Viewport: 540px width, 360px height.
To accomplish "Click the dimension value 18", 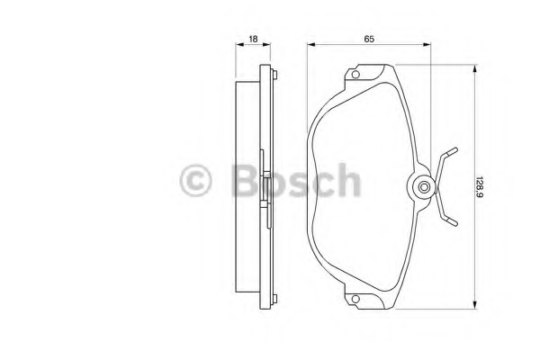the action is pos(253,39).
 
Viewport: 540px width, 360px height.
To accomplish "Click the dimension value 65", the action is pos(369,39).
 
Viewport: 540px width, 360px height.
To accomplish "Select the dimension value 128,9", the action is pos(479,187).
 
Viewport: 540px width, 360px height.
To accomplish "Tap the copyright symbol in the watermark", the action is pos(195,181).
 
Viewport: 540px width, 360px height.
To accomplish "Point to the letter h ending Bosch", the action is pos(347,180).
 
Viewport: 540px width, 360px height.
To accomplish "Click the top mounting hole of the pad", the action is pos(355,74).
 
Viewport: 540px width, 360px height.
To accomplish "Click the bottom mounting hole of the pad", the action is pos(355,299).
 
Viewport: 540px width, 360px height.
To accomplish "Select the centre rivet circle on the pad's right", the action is pos(424,187).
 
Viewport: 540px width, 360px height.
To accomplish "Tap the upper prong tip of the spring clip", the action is pos(455,149).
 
